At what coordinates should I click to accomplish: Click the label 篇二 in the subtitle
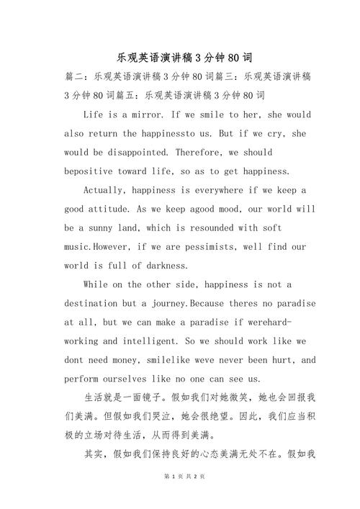tap(74, 76)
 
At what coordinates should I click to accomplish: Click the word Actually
tap(105, 190)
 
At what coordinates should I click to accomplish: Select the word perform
tap(81, 379)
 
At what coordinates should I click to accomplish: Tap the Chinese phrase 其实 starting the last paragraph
tap(94, 454)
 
